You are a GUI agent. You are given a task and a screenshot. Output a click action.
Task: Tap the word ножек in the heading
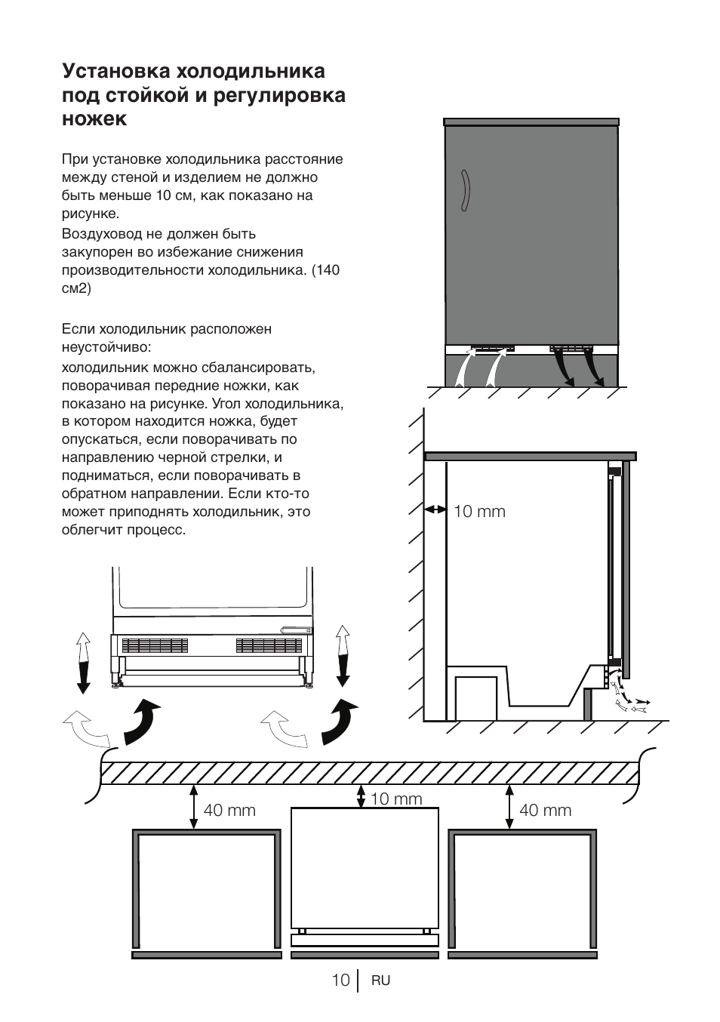[x=94, y=119]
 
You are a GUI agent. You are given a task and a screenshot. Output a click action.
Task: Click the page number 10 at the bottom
[x=340, y=980]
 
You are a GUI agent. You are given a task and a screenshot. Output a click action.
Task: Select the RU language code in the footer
[x=380, y=980]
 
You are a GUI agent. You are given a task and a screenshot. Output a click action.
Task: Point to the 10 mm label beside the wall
[x=479, y=512]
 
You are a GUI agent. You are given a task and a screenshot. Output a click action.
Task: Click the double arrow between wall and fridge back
[x=435, y=510]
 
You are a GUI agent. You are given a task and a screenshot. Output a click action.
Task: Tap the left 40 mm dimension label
[x=229, y=811]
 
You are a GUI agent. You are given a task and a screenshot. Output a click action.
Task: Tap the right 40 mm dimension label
[x=545, y=811]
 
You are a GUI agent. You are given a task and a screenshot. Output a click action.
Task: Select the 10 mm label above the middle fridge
[x=396, y=799]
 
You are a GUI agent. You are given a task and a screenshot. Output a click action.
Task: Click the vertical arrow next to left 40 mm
[x=194, y=806]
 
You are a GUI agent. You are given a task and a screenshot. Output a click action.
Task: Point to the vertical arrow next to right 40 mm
[x=510, y=806]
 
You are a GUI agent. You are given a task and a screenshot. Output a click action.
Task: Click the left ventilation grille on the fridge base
[x=154, y=645]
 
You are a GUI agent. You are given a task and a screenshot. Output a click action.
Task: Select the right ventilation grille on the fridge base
[x=269, y=645]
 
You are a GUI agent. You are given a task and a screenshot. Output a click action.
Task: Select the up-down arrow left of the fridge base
[x=83, y=662]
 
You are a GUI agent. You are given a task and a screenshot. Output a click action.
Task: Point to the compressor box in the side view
[x=475, y=697]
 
